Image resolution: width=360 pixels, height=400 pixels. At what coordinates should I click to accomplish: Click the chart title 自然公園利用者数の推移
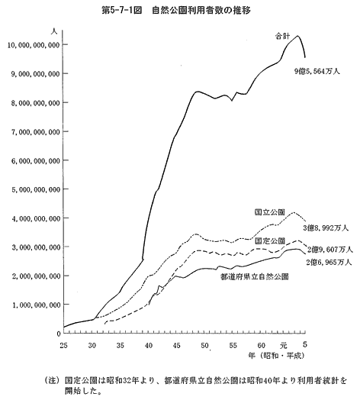201,11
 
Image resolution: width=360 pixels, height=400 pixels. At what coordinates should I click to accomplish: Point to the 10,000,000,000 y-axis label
34,45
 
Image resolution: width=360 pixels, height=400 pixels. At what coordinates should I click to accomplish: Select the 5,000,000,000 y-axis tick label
36,190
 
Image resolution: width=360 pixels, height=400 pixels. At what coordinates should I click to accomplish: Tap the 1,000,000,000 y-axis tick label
36,305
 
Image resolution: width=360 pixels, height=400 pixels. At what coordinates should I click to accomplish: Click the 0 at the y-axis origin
59,334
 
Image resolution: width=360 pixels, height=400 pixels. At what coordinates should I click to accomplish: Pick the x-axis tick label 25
64,345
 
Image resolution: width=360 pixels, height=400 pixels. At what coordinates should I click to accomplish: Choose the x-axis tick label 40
149,345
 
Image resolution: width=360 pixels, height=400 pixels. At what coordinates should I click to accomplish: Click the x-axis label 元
283,346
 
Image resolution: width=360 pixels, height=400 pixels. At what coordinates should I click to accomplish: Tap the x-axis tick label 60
262,345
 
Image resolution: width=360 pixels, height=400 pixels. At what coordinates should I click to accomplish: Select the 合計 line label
282,36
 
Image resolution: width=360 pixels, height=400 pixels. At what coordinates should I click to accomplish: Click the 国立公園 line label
269,212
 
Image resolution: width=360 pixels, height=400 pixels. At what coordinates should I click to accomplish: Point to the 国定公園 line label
270,240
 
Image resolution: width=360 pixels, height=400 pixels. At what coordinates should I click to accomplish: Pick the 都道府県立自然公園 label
255,277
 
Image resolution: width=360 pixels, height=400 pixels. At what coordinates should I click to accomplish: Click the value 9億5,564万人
317,72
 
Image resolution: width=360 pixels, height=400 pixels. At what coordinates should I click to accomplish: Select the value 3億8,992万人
326,227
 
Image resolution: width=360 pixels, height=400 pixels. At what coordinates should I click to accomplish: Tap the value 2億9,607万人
330,250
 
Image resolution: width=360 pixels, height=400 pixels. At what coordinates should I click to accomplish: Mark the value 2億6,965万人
329,262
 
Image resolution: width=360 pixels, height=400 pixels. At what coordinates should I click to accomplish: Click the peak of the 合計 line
297,36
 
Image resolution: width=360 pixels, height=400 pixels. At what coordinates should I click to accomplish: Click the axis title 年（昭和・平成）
276,356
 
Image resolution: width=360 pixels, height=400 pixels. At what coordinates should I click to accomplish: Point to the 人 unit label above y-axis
54,31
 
